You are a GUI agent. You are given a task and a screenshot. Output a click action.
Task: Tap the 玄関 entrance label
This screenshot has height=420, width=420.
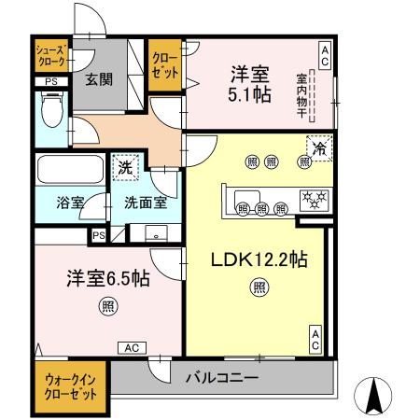coord(100,79)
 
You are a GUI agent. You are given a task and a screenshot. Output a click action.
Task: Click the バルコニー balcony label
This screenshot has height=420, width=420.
coord(221,378)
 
